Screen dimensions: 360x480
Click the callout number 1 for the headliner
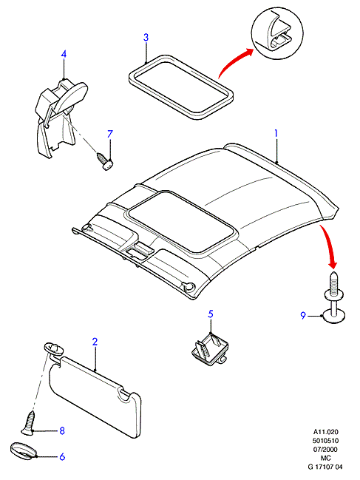coord(276,134)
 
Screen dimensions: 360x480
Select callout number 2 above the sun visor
coord(95,342)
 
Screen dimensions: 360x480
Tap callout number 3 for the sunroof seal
coord(146,37)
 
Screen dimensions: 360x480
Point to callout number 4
coord(64,54)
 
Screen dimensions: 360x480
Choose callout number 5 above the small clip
coord(211,314)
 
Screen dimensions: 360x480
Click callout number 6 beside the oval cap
coord(62,457)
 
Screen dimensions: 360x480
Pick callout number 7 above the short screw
coord(110,134)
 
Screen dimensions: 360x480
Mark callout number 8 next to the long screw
coord(62,430)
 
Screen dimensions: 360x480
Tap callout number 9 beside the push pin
coord(303,315)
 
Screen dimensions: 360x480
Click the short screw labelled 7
coord(105,161)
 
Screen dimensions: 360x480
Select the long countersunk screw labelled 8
coord(29,423)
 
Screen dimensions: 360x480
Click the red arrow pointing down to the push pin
coord(330,245)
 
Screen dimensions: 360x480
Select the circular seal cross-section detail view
coord(277,33)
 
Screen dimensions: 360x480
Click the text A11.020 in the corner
coord(325,432)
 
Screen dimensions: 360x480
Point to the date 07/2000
coord(325,450)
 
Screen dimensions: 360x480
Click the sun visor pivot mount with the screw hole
coord(54,349)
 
